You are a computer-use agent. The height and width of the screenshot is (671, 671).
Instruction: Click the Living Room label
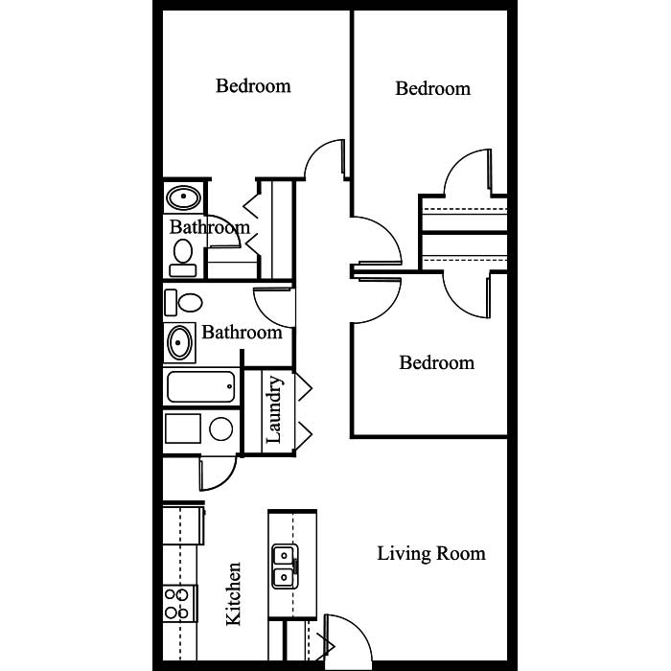pos(431,554)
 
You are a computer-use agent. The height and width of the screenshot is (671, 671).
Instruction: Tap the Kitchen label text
pos(234,594)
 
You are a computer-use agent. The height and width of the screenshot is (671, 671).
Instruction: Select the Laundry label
pos(274,409)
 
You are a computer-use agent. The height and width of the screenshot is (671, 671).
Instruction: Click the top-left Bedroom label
pos(253,86)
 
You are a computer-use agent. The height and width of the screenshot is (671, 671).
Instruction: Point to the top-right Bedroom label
pos(432,89)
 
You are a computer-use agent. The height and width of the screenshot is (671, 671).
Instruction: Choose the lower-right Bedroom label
pos(437,363)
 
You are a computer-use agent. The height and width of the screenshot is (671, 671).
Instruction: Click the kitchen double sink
pos(285,567)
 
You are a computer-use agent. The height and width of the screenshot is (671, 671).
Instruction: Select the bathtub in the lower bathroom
pos(200,387)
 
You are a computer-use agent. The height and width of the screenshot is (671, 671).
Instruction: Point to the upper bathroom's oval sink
pos(184,197)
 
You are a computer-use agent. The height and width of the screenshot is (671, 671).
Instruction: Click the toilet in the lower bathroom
pos(184,303)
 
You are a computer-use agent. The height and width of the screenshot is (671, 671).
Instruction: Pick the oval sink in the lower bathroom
pos(180,342)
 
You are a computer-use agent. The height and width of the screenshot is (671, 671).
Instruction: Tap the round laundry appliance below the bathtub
pos(221,428)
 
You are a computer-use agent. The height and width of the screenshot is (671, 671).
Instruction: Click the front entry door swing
pos(348,638)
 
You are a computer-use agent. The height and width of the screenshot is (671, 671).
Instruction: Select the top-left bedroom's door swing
pos(324,158)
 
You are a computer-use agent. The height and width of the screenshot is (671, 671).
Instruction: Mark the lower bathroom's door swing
pos(274,308)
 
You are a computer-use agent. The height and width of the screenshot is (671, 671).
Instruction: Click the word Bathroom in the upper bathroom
pos(210,227)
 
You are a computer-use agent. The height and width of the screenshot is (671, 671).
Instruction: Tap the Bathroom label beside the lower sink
pos(242,333)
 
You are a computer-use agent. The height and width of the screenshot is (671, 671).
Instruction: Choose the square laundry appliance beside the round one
pos(183,428)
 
